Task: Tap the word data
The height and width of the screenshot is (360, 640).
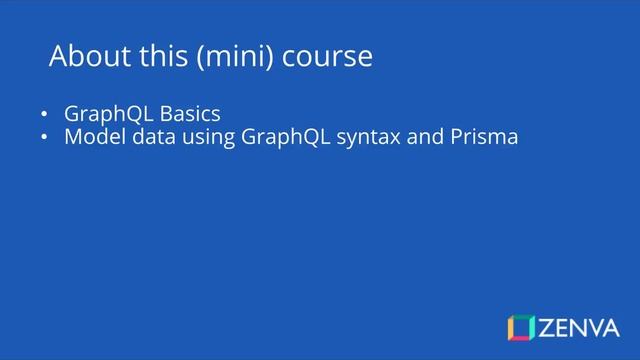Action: (x=152, y=136)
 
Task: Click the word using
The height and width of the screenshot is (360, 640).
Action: (x=209, y=137)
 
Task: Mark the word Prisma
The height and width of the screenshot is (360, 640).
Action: (x=485, y=136)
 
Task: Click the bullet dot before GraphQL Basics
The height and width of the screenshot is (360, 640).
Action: (x=44, y=113)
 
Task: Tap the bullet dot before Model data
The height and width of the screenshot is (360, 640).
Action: (x=44, y=137)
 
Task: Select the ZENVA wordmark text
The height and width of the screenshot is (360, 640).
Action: (x=580, y=327)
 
